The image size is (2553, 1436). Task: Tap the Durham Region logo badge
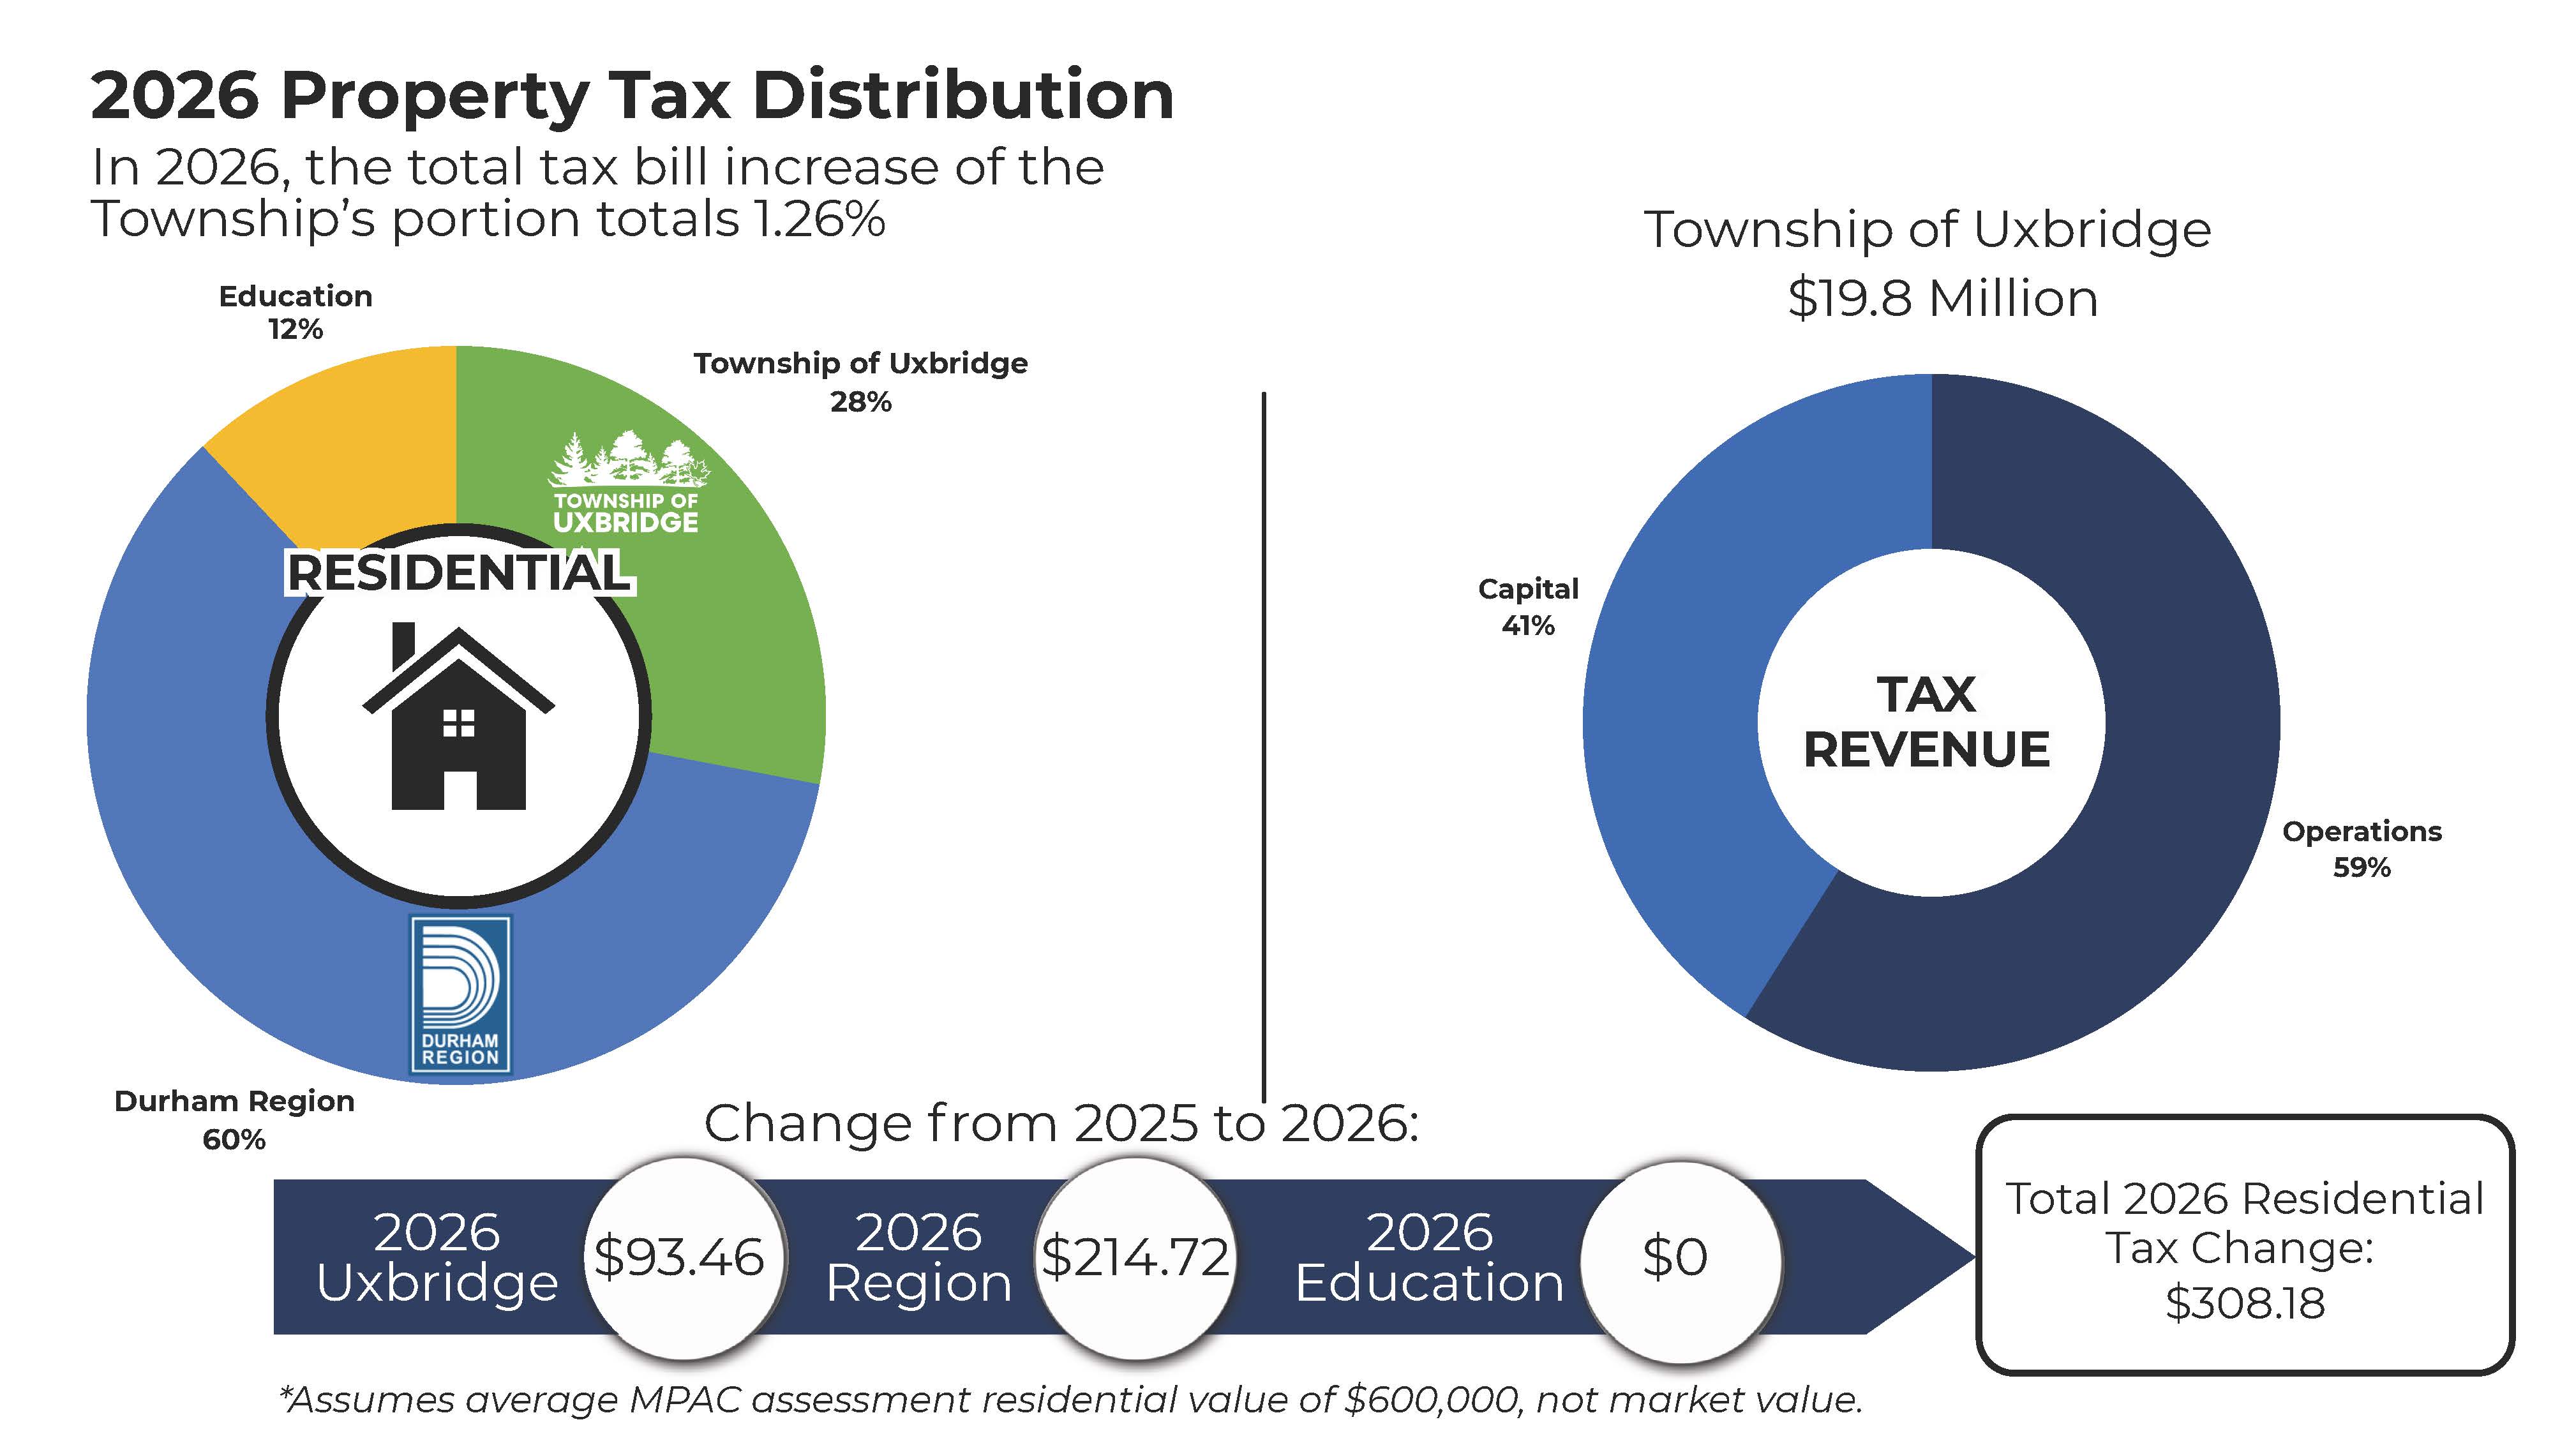pyautogui.click(x=461, y=994)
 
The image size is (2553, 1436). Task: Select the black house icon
pyautogui.click(x=458, y=719)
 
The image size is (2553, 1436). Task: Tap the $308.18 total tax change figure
pyautogui.click(x=2245, y=1302)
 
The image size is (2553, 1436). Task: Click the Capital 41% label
pyautogui.click(x=1528, y=606)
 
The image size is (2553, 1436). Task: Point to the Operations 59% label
pyautogui.click(x=2362, y=848)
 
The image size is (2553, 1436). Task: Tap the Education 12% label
pyautogui.click(x=296, y=312)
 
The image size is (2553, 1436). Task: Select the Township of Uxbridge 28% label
pyautogui.click(x=860, y=382)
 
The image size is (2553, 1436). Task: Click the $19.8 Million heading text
pyautogui.click(x=1942, y=298)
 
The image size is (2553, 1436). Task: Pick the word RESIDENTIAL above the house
pyautogui.click(x=458, y=573)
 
